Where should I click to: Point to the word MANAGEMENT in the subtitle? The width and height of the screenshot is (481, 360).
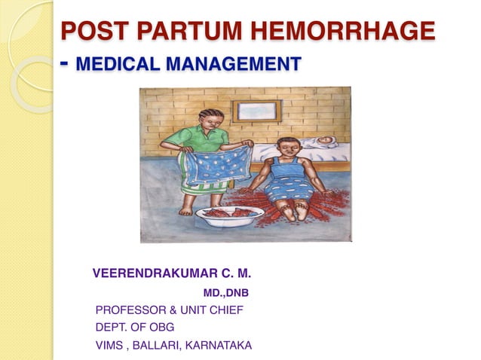(x=232, y=64)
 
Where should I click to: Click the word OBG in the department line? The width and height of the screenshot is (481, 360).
(x=162, y=328)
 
